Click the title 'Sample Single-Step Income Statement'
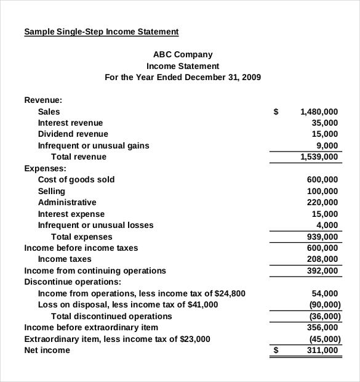click(101, 31)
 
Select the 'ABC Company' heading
click(183, 54)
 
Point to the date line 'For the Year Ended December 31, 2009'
click(183, 77)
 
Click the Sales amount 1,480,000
click(319, 112)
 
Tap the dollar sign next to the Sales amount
click(276, 112)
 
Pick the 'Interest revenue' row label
click(70, 123)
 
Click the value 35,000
click(325, 123)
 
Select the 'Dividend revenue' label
click(73, 134)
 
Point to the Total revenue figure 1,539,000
click(319, 156)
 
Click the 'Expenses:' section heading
click(45, 168)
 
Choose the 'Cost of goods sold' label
click(76, 179)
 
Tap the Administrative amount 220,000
click(322, 202)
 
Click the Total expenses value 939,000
click(322, 237)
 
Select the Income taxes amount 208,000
click(322, 259)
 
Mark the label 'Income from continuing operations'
click(95, 270)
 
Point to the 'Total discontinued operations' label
click(111, 316)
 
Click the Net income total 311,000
click(322, 350)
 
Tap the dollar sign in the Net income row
click(276, 350)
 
